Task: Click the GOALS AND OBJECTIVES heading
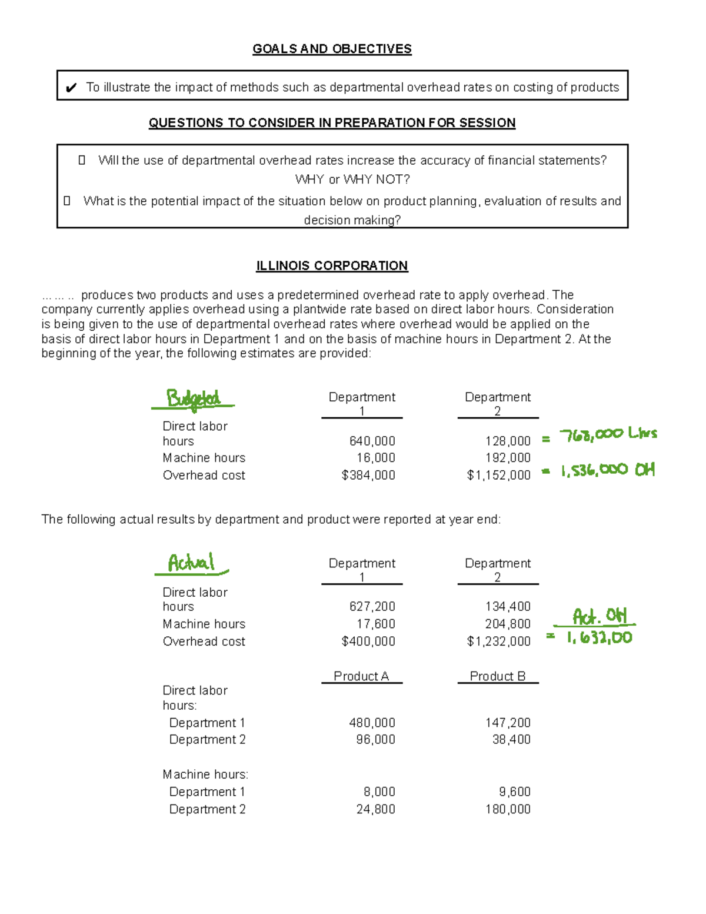(332, 49)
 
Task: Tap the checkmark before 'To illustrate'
(71, 88)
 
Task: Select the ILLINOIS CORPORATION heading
(332, 265)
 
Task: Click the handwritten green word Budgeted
(193, 399)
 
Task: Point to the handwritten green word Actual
(191, 563)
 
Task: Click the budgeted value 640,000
(372, 441)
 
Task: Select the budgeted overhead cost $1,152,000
(498, 475)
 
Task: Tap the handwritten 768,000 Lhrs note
(608, 435)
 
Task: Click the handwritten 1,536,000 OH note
(607, 470)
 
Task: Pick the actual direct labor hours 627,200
(372, 606)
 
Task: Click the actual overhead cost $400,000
(368, 641)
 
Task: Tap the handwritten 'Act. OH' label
(600, 616)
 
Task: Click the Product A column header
(361, 676)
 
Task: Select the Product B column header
(498, 676)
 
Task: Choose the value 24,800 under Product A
(375, 809)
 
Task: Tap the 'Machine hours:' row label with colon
(205, 774)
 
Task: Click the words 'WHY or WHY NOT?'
(352, 179)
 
